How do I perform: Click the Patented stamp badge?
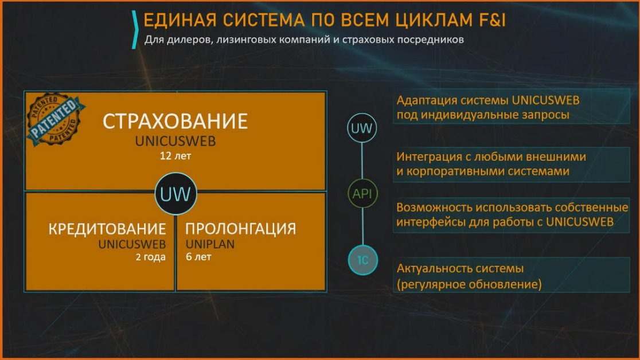55,118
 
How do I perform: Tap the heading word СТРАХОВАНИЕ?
175,121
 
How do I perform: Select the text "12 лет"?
175,156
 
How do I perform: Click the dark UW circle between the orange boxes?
175,194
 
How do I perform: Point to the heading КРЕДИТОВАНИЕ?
107,229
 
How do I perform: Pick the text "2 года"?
151,257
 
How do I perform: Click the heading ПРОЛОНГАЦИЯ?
241,229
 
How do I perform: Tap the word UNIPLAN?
210,244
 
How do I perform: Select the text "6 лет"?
198,257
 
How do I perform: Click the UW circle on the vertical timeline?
362,128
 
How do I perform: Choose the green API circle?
362,193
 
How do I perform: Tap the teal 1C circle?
362,260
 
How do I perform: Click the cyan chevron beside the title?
135,29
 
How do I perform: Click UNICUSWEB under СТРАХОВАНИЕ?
175,141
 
